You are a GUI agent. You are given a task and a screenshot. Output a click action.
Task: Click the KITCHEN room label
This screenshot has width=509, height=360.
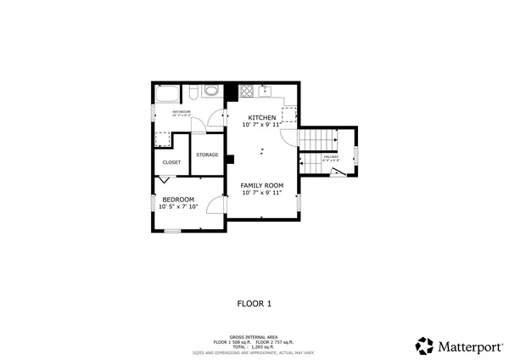pyautogui.click(x=261, y=117)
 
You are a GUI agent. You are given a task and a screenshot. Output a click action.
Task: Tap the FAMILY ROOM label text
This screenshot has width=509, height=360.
pyautogui.click(x=261, y=185)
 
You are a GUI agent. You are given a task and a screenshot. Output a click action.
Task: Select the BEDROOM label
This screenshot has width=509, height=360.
pyautogui.click(x=178, y=200)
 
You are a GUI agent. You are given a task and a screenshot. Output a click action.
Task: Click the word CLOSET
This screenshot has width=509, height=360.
pyautogui.click(x=171, y=161)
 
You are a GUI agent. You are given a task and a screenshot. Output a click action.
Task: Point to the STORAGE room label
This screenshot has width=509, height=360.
pyautogui.click(x=207, y=155)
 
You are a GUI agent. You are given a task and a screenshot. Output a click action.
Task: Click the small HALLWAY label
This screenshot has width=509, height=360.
pyautogui.click(x=331, y=156)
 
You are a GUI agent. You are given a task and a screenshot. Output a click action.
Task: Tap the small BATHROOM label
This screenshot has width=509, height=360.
pyautogui.click(x=182, y=111)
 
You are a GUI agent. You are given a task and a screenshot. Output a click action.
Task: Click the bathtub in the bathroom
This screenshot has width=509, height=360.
pyautogui.click(x=166, y=93)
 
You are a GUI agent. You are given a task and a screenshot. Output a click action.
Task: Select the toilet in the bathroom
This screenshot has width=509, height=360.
pyautogui.click(x=193, y=92)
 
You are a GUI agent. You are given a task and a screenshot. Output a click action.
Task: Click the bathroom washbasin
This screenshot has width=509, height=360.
pyautogui.click(x=211, y=92)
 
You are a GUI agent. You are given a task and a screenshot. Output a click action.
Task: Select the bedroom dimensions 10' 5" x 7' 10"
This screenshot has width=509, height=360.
pyautogui.click(x=178, y=206)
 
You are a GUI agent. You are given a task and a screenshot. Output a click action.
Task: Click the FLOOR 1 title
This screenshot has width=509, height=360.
pyautogui.click(x=254, y=302)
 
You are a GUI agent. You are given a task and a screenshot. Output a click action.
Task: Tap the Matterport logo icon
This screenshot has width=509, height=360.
pyautogui.click(x=424, y=345)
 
